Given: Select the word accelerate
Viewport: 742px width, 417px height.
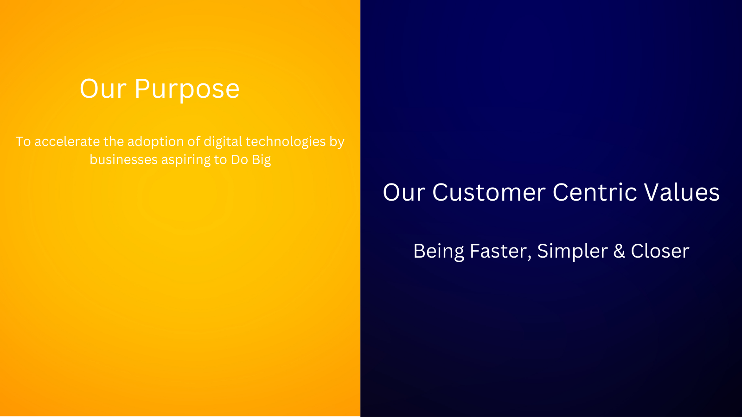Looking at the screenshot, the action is (67, 142).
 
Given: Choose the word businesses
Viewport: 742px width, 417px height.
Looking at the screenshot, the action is (123, 160).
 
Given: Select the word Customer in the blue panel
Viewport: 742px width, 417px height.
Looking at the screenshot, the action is (489, 192).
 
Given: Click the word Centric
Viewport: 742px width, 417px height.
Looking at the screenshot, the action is (595, 192).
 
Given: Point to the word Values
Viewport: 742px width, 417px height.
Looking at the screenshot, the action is (682, 192).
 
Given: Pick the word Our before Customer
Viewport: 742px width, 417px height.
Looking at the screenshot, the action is (404, 192).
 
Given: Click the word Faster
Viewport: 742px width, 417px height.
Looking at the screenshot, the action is (500, 251).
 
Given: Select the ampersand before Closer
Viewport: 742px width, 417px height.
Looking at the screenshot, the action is (619, 251).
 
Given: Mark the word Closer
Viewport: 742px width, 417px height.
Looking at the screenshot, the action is (660, 251).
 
